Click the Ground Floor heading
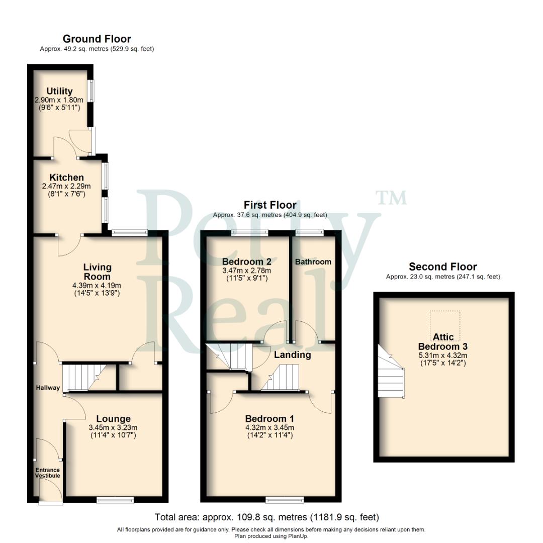(x=97, y=39)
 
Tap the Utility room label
(x=59, y=92)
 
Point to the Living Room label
(x=97, y=272)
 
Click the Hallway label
(x=48, y=388)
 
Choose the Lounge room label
(x=113, y=419)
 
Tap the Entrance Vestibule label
(x=47, y=473)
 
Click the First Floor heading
(x=270, y=205)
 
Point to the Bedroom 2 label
(x=246, y=262)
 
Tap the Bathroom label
(x=313, y=262)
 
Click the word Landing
(x=292, y=355)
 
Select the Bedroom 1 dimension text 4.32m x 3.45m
(x=269, y=427)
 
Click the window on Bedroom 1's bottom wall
(x=285, y=499)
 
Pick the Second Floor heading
(x=442, y=267)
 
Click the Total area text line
(x=266, y=517)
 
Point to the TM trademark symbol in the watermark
(x=392, y=198)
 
